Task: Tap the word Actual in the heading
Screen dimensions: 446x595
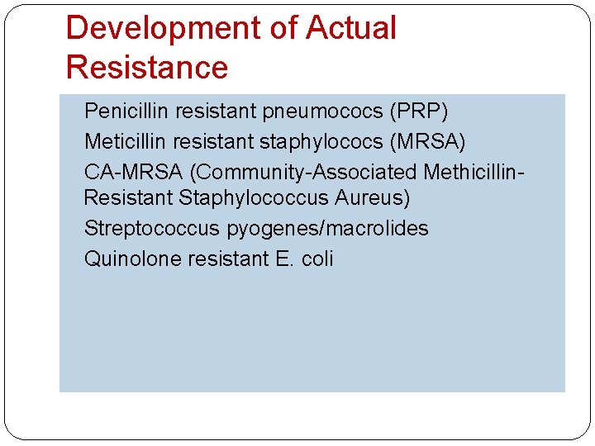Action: [x=351, y=29]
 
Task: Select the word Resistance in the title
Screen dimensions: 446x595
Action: [x=146, y=68]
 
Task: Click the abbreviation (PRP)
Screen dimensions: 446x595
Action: [x=420, y=111]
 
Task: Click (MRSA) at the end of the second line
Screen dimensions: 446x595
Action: [x=430, y=142]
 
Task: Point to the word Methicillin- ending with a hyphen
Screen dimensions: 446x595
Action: [x=474, y=172]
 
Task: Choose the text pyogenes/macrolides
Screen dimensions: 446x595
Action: [x=327, y=229]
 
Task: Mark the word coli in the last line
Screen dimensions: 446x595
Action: [x=317, y=259]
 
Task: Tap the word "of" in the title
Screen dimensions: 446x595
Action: [x=282, y=29]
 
